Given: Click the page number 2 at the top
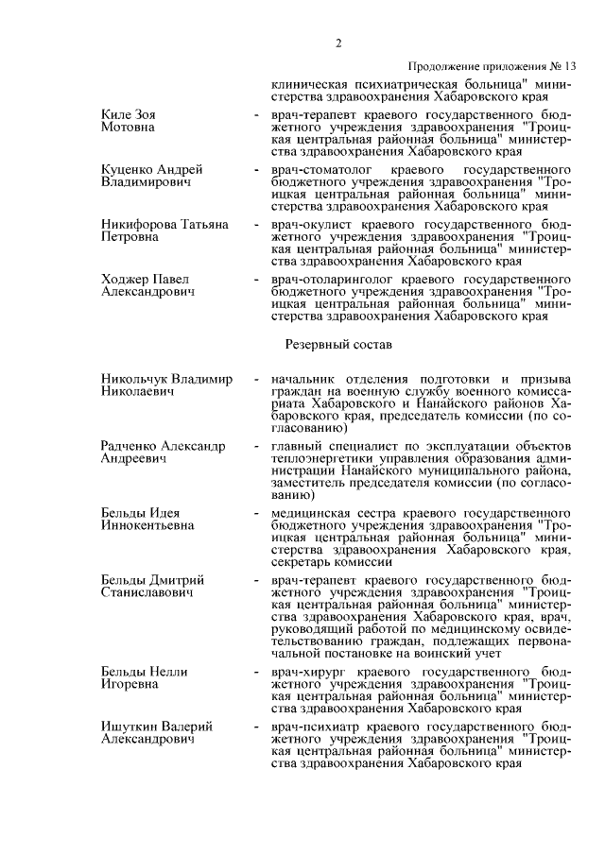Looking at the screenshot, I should coord(337,43).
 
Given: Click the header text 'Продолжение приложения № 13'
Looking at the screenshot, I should coord(492,67).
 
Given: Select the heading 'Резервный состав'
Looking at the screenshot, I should coord(337,347).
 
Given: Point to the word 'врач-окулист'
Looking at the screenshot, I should coord(308,224).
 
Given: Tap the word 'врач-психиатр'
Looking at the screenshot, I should coord(311,727).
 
